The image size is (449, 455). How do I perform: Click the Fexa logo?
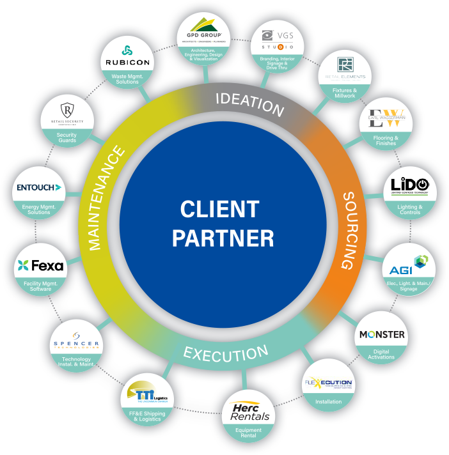tap(41, 265)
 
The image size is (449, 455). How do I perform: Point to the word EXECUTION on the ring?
tap(226, 352)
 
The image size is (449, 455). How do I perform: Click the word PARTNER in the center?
tap(223, 238)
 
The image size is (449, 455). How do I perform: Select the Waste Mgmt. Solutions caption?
tap(126, 79)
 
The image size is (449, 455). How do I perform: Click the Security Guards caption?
tap(67, 137)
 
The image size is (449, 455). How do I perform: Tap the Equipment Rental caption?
tap(249, 433)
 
